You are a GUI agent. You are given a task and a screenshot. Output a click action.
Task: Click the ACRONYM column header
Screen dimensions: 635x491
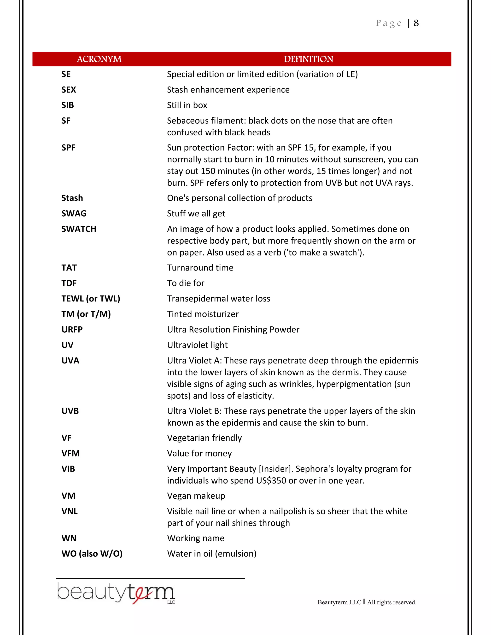(99, 59)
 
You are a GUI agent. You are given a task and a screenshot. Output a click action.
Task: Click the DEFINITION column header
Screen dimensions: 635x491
(308, 59)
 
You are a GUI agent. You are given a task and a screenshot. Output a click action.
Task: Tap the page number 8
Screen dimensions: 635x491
(416, 23)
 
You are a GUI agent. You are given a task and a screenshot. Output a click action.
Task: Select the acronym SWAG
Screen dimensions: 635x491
(74, 214)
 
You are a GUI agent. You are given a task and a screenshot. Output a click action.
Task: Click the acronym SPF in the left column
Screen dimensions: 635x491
(68, 148)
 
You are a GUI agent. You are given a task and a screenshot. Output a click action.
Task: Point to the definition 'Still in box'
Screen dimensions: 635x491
(187, 105)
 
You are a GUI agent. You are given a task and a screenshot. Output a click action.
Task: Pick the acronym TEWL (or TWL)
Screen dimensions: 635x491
(91, 299)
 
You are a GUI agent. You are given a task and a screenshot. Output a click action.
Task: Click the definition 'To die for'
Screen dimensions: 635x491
(186, 283)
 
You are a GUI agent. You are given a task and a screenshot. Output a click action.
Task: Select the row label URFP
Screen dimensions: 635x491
(72, 330)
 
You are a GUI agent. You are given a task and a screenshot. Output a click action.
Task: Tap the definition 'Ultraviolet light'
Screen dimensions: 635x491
(197, 345)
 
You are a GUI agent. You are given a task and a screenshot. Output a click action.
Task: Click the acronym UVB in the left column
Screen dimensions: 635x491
(70, 411)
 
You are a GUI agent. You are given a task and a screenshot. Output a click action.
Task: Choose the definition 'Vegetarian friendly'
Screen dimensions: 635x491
(204, 438)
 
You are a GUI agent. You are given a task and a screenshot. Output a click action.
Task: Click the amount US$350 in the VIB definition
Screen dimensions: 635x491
(271, 481)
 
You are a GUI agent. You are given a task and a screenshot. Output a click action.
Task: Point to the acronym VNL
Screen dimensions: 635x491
(70, 511)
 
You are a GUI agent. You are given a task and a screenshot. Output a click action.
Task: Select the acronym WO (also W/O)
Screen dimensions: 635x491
(92, 554)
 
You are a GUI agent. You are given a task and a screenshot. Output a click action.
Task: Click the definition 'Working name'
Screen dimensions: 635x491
(195, 538)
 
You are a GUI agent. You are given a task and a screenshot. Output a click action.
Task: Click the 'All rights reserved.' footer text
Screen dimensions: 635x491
(392, 602)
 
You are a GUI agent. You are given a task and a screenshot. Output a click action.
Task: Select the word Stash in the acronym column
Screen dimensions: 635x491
(72, 198)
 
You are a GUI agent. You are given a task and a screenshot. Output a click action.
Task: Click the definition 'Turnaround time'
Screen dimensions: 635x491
(200, 268)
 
